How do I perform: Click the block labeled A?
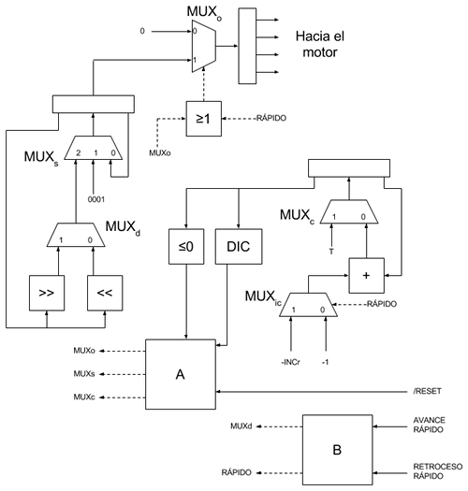coord(181,374)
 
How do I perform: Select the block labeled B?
coord(337,450)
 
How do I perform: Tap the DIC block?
coord(239,247)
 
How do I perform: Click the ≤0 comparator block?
coord(186,247)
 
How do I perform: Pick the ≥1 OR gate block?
coord(204,119)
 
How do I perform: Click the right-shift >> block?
coord(47,293)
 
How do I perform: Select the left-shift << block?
coord(105,293)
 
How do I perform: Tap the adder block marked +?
coord(366,276)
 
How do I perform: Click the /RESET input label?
coord(427,391)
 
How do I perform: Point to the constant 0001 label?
coord(96,199)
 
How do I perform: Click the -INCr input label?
coord(290,362)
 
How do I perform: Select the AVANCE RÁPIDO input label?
coord(429,425)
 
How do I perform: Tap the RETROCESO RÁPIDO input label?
coord(438,471)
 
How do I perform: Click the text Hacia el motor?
coord(320,44)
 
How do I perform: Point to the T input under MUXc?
coord(331,252)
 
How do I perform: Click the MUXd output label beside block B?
coord(241,426)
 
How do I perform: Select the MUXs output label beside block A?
coord(84,373)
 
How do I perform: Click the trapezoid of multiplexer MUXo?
coord(204,47)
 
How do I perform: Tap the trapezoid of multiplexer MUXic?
coord(309,305)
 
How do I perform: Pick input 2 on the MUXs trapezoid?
coord(79,152)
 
